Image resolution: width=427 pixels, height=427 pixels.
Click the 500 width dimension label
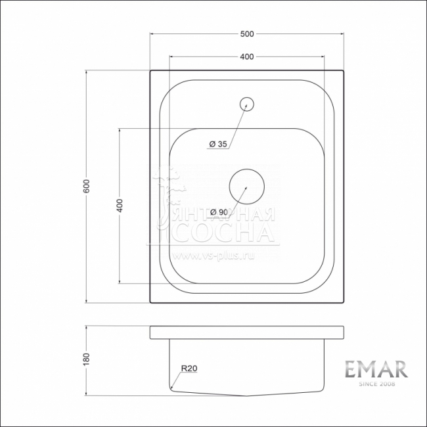(247, 34)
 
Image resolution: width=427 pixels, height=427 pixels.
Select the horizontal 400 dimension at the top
(247, 57)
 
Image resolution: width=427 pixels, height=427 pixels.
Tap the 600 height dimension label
(86, 187)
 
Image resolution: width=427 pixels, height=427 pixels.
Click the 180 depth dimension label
(86, 359)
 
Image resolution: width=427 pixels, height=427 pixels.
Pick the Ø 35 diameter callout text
(218, 144)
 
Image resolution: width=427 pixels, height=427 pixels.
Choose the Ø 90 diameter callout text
(218, 212)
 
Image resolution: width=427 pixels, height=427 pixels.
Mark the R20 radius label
(189, 369)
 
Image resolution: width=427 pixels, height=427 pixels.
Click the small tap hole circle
(247, 103)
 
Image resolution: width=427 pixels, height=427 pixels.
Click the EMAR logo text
(377, 369)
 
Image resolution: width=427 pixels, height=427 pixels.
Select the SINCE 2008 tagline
(377, 384)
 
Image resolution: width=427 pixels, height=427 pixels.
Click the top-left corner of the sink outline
(150, 71)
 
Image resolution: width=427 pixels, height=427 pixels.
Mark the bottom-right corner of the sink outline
(343, 303)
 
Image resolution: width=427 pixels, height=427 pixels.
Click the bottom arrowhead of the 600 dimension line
(87, 301)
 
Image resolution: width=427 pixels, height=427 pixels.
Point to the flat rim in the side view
(246, 332)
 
